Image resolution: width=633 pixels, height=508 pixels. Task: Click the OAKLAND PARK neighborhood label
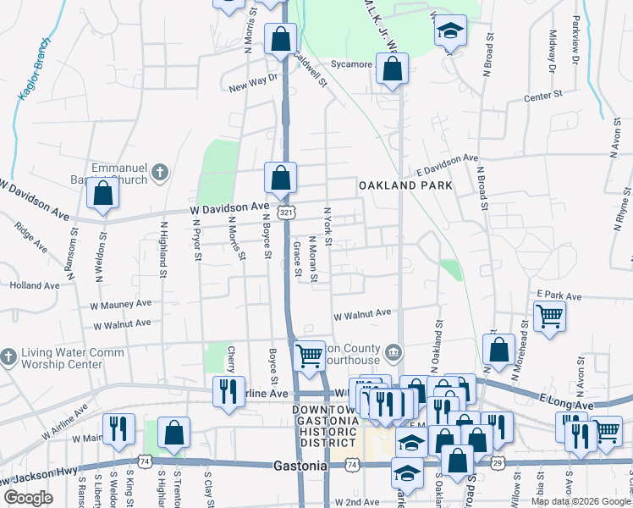click(x=405, y=185)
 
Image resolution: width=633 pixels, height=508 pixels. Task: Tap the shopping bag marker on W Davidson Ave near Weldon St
click(x=102, y=193)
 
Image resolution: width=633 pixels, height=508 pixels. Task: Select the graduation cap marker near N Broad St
click(x=451, y=31)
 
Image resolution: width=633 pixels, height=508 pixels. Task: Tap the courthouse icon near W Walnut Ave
click(x=393, y=351)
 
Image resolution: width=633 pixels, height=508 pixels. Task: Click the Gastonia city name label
click(x=300, y=466)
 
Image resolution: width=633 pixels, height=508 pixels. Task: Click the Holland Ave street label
click(x=35, y=285)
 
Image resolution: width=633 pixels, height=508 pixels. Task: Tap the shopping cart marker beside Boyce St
click(x=310, y=356)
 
